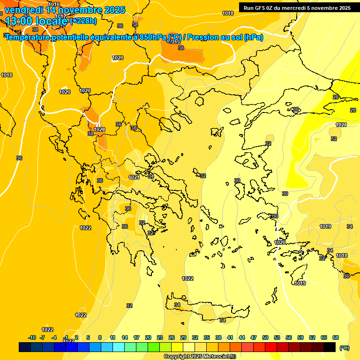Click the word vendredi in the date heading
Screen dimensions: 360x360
23,9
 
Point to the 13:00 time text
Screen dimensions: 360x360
18,21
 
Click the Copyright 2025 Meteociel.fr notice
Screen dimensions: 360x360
200,357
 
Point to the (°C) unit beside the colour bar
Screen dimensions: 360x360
344,347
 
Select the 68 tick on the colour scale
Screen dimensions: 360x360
336,337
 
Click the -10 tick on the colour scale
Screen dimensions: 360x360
32,337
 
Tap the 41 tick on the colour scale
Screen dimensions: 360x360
230,337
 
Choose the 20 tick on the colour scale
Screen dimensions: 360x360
148,337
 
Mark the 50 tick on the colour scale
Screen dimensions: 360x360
265,337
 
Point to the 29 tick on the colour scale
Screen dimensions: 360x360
183,337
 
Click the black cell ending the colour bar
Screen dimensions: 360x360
330,347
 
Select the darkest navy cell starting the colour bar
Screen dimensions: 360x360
25,347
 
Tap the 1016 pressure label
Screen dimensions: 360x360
54,4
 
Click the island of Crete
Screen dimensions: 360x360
206,309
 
